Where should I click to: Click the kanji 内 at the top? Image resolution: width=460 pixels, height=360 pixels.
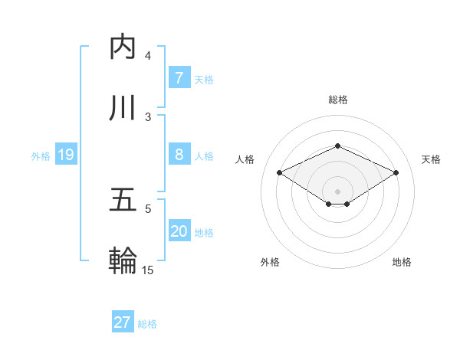[123, 47]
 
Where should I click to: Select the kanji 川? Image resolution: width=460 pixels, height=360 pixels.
[123, 108]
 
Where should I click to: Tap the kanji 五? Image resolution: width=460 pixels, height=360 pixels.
[123, 200]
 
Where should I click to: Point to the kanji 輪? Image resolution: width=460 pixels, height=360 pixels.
[123, 261]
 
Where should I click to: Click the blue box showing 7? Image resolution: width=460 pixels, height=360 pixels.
[179, 77]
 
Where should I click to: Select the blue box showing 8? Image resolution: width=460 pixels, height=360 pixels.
[179, 155]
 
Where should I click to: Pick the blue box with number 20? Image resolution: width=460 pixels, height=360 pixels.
[179, 231]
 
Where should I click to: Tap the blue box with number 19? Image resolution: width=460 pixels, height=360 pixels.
[65, 155]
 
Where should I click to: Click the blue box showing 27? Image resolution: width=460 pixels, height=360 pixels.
[123, 322]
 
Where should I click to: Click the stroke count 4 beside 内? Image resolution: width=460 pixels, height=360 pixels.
[148, 56]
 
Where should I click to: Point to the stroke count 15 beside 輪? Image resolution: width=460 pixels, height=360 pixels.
[148, 270]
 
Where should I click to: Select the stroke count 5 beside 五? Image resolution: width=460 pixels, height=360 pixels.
[148, 208]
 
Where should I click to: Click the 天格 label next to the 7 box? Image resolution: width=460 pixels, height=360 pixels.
[204, 79]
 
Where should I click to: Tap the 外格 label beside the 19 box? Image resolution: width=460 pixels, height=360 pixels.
[41, 155]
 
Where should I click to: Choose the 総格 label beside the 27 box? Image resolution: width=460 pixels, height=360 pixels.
[147, 323]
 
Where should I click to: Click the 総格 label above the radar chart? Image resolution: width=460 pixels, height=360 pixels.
[337, 100]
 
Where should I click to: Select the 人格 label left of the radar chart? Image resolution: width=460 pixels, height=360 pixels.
[245, 159]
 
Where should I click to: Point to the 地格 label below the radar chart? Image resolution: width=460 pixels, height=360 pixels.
[402, 262]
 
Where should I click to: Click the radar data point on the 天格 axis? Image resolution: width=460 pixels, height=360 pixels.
[396, 173]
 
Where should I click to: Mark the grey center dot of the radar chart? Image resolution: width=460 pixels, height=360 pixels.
[337, 191]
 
